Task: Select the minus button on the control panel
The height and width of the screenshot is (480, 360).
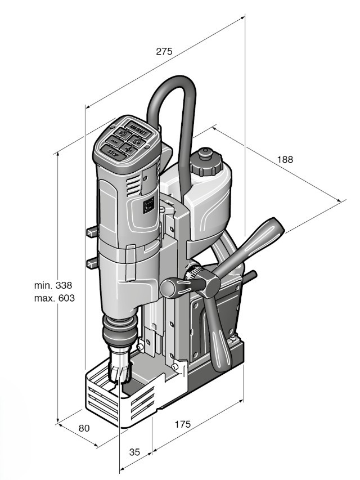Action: pos(115,141)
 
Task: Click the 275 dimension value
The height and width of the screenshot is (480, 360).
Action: pos(164,51)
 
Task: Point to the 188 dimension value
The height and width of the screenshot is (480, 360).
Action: pos(285,159)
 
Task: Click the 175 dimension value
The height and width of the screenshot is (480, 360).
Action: pos(182,424)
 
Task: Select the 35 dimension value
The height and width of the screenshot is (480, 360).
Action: pos(134,452)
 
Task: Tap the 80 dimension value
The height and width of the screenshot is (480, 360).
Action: pos(84,428)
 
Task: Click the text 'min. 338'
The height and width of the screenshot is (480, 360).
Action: pos(53,285)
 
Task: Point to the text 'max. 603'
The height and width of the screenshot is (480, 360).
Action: pos(55,298)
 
